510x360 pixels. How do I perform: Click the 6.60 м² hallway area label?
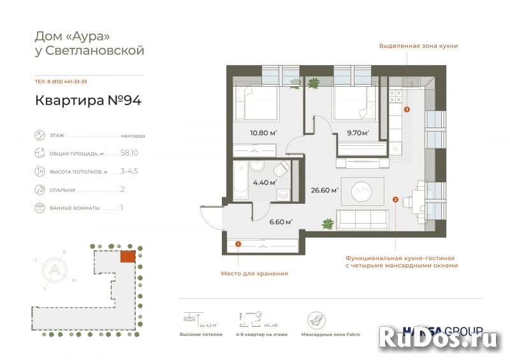[x=280, y=222]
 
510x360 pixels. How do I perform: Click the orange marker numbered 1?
[x=238, y=243]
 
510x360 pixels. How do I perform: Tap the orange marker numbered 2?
[x=395, y=199]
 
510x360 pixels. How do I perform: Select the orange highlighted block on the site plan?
[x=127, y=256]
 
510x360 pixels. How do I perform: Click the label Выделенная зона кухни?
[x=418, y=46]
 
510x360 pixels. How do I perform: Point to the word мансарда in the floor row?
[x=133, y=136]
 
